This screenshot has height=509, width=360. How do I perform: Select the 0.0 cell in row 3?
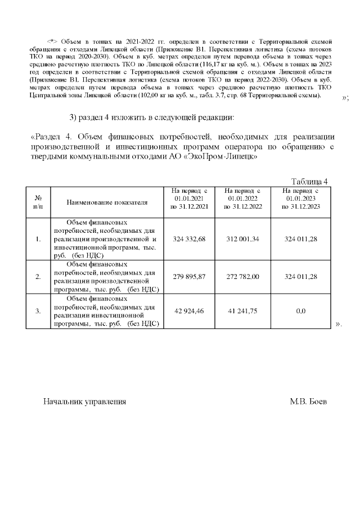[301, 310]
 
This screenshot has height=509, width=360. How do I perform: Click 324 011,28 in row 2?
[301, 277]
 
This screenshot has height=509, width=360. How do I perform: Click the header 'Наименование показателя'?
[107, 201]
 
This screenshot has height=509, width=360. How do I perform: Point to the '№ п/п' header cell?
[38, 201]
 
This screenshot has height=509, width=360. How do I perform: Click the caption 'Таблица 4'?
[309, 181]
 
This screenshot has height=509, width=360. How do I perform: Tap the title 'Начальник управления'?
[84, 402]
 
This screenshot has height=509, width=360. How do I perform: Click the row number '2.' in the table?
[38, 277]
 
